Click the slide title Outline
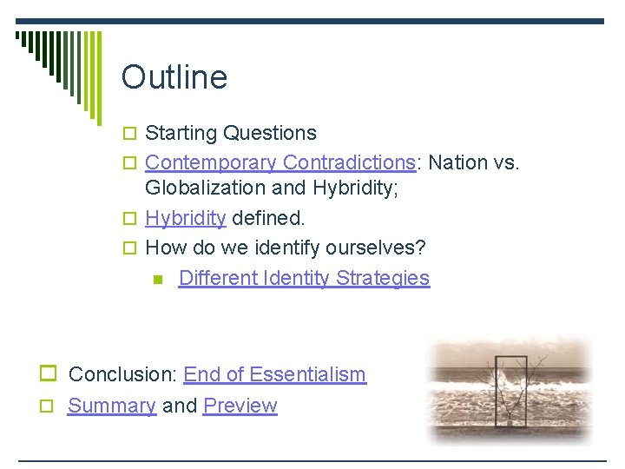click(174, 77)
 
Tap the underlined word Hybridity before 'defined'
click(185, 218)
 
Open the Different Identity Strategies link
click(304, 278)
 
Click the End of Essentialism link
click(274, 374)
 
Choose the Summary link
click(111, 406)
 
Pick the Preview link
click(240, 406)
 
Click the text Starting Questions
click(230, 133)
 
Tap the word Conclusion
click(122, 374)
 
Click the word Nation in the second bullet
click(458, 162)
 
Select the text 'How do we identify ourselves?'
click(285, 248)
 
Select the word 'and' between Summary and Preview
click(179, 406)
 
